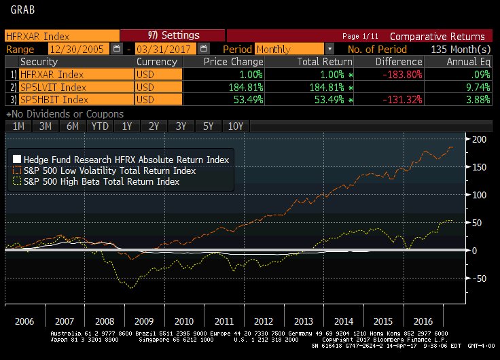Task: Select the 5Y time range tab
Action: (x=208, y=126)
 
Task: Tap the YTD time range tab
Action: (x=99, y=126)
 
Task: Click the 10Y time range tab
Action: (x=236, y=126)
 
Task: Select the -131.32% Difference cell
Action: (x=395, y=100)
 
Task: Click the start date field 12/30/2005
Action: (x=75, y=49)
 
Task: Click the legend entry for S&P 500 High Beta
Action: (x=101, y=181)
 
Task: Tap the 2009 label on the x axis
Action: (x=144, y=320)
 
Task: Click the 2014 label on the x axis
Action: (x=344, y=320)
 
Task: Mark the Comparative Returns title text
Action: (x=437, y=36)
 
